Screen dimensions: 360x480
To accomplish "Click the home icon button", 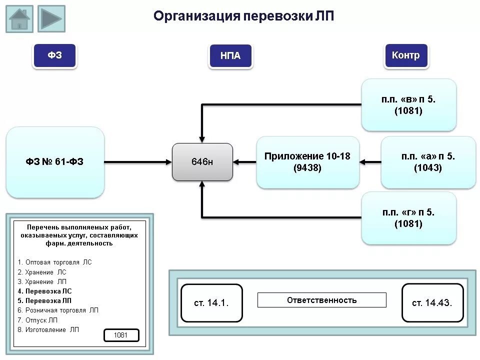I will click(19, 19).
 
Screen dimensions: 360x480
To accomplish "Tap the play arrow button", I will click(51, 19).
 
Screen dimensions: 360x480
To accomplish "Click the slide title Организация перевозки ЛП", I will click(243, 16).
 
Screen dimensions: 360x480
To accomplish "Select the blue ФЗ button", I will click(55, 55).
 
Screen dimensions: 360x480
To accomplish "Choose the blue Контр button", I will click(406, 55).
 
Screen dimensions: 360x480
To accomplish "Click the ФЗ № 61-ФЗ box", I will click(55, 162).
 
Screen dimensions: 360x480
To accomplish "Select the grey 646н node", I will click(202, 162).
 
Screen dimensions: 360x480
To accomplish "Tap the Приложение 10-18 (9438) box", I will click(307, 162).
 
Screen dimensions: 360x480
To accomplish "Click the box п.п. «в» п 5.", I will click(408, 105).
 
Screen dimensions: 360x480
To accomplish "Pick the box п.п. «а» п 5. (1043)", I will click(428, 162).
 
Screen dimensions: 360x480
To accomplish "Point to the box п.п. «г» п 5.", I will click(408, 218).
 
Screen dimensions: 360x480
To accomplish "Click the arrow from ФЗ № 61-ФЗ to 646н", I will click(138, 162).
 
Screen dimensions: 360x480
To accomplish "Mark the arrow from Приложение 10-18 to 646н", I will click(245, 162).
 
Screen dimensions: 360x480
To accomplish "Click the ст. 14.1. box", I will click(211, 303).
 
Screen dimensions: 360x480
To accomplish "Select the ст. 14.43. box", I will click(432, 303).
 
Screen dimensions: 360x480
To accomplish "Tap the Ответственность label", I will click(321, 300).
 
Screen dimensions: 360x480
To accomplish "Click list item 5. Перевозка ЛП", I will click(44, 300).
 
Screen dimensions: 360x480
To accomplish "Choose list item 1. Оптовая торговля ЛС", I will click(54, 262).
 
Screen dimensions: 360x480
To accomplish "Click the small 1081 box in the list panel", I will click(121, 335).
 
